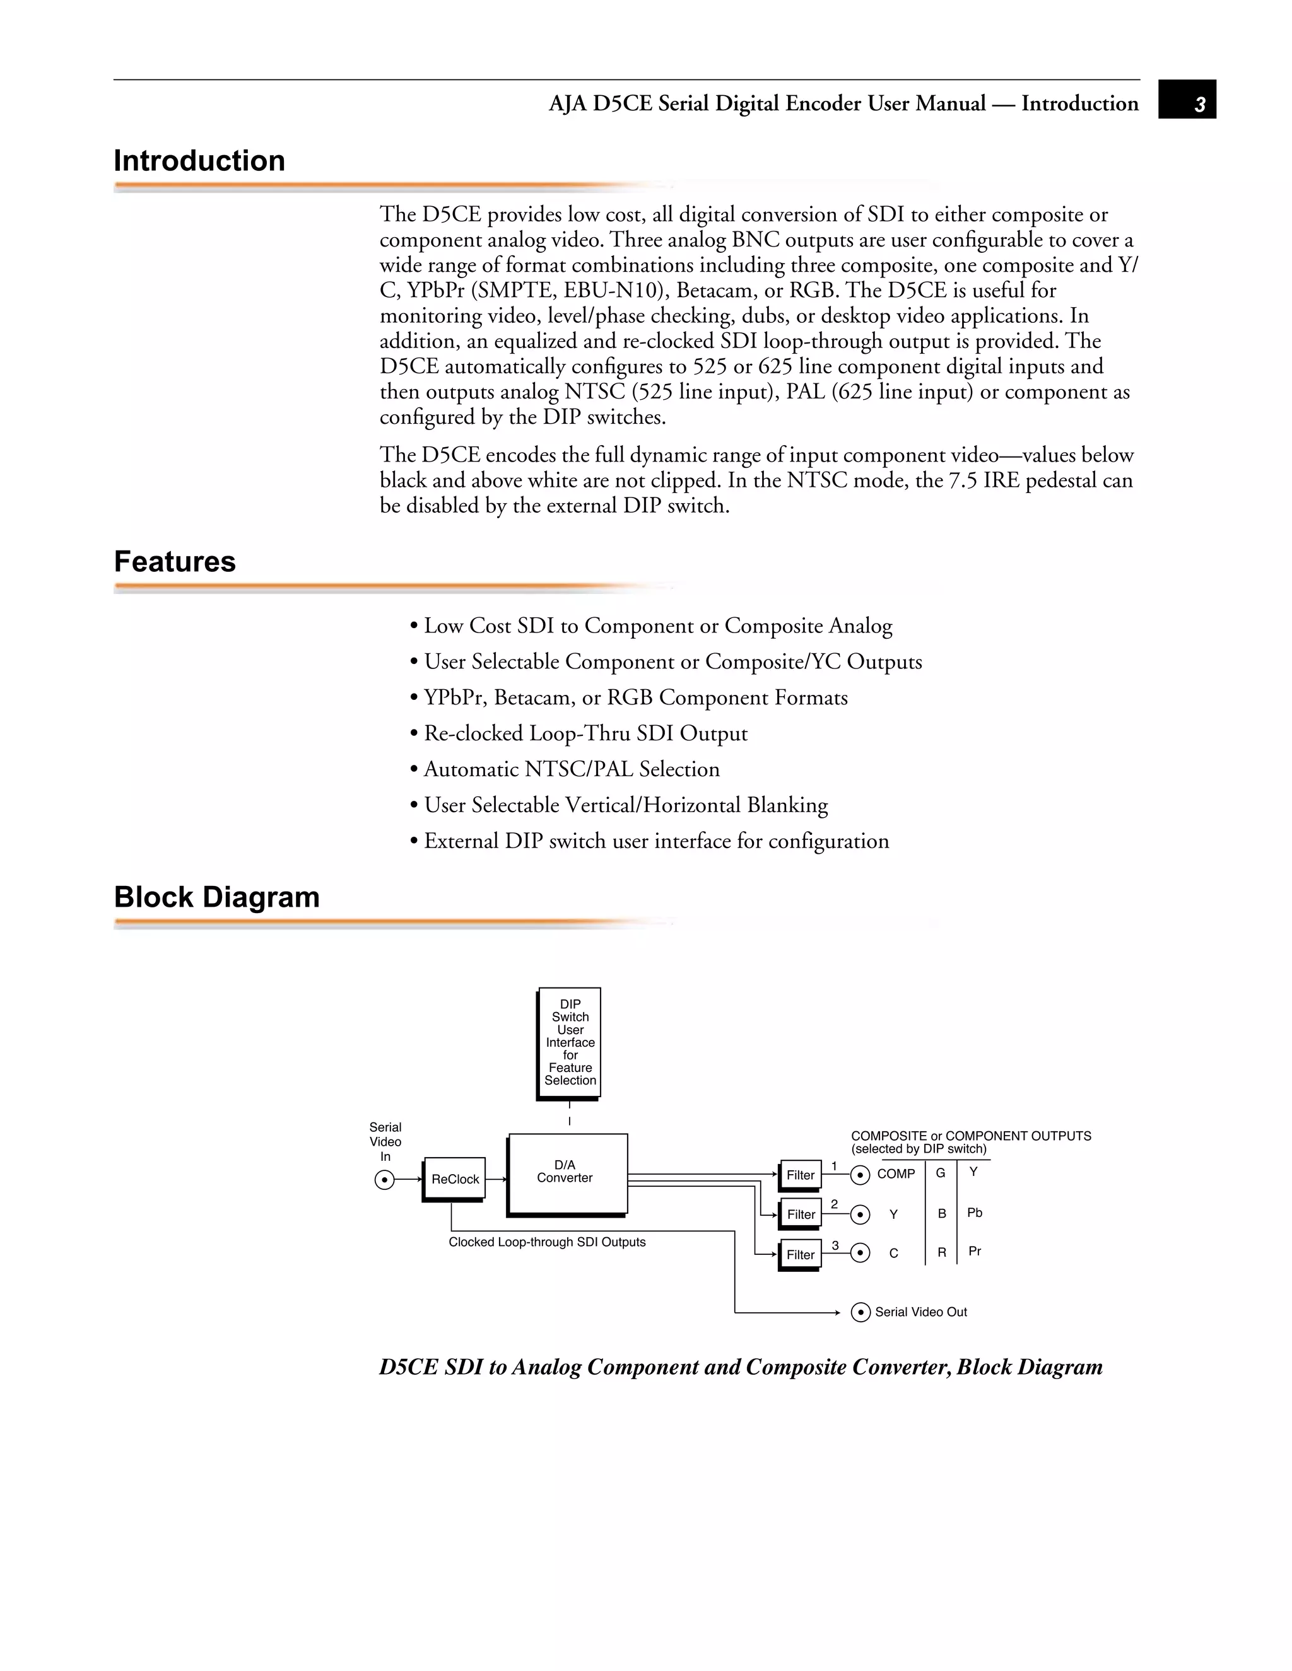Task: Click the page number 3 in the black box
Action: pos(1199,104)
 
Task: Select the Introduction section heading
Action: pos(199,161)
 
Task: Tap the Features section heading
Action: pos(175,562)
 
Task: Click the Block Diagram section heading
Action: pos(216,897)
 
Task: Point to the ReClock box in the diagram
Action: pos(455,1179)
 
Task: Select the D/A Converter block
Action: pos(567,1172)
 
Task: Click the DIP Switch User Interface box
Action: pos(570,1042)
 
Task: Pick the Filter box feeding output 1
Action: pos(801,1175)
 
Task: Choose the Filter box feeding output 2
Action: pos(801,1214)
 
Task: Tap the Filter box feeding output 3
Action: pos(801,1255)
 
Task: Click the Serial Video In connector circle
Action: pos(384,1180)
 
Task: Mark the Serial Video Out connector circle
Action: pos(860,1313)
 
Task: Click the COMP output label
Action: pos(896,1173)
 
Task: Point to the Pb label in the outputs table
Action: pos(974,1213)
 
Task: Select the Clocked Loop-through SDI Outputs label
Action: pos(546,1242)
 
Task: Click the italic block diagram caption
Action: pos(740,1367)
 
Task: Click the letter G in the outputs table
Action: pos(941,1173)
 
